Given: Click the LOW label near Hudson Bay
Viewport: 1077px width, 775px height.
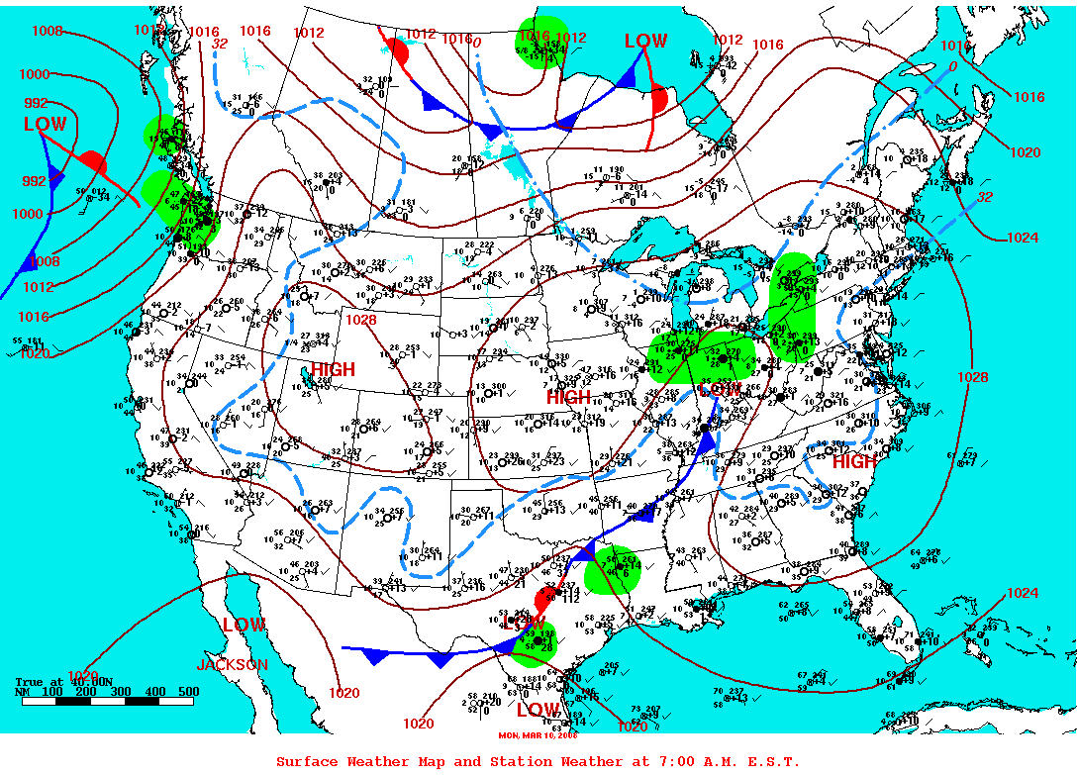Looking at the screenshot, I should [645, 42].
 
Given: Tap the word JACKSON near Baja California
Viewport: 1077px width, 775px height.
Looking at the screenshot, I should [232, 665].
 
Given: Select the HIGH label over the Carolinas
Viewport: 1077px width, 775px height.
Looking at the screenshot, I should [854, 462].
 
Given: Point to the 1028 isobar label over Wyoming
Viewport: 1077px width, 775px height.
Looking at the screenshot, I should [360, 320].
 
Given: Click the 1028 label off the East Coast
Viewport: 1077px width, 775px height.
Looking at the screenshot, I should [972, 377].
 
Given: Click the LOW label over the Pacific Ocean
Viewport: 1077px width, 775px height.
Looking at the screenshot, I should [46, 125].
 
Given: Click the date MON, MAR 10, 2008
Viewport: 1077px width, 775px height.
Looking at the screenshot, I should [538, 734].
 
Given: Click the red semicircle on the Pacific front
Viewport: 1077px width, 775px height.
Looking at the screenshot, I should [92, 160].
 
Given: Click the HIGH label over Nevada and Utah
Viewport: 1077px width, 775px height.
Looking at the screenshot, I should [333, 369].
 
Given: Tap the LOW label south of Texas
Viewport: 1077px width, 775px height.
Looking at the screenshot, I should [538, 710].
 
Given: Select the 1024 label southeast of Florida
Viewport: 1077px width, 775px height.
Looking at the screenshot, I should [1023, 593].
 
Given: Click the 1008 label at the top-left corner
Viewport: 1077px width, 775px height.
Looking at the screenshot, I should [48, 31].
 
